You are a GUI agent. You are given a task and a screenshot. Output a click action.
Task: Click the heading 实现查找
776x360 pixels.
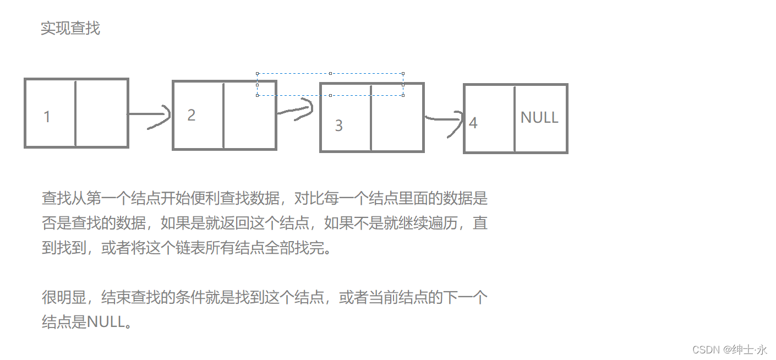tap(70, 28)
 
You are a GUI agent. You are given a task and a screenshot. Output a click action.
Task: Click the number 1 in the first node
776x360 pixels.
tap(47, 117)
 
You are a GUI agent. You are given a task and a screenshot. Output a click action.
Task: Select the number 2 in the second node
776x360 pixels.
tap(192, 115)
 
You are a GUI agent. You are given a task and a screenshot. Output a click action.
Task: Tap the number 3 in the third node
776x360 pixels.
tap(339, 126)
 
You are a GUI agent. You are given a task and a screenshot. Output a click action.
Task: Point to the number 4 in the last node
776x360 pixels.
tap(473, 123)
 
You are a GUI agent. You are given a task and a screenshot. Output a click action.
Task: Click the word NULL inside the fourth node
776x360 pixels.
tap(539, 117)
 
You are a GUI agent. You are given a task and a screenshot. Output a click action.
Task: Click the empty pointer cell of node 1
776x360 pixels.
tap(102, 113)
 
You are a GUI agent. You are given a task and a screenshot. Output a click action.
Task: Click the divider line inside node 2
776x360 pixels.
tap(223, 116)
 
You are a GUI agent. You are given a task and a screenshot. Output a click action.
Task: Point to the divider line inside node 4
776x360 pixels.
tap(515, 118)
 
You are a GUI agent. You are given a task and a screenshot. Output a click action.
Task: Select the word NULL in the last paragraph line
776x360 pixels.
tap(106, 322)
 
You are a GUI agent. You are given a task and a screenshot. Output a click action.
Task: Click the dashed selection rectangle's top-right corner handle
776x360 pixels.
tap(403, 74)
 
